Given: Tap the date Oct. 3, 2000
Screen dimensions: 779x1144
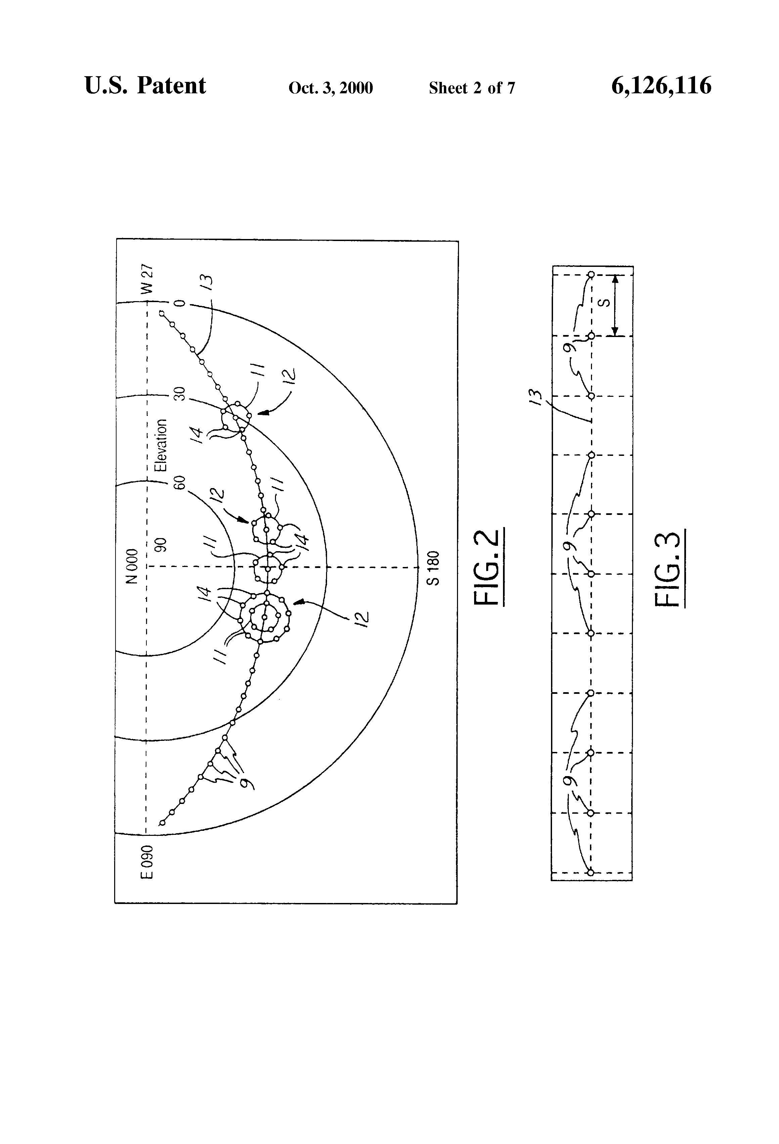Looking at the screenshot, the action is click(x=330, y=88).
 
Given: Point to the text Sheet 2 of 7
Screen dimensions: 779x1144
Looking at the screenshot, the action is click(x=472, y=88).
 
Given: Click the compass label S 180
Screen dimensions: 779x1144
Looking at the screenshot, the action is click(x=433, y=568).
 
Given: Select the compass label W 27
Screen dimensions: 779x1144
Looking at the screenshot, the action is click(x=147, y=278).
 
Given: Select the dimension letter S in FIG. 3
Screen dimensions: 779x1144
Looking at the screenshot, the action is click(x=606, y=303).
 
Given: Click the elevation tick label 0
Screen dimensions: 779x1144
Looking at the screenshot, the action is click(x=180, y=303).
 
